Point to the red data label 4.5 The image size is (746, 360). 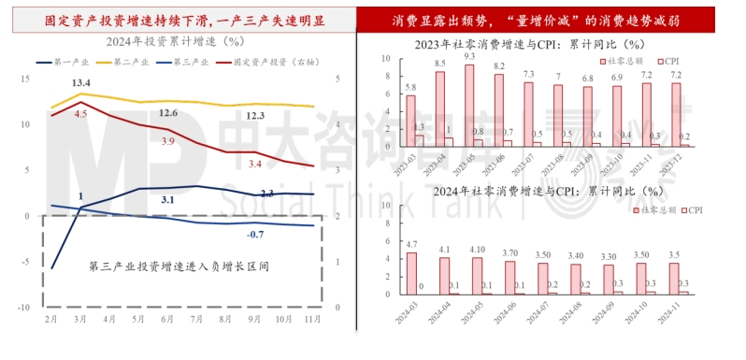80,113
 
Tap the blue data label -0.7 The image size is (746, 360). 255,234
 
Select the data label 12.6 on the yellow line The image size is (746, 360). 168,113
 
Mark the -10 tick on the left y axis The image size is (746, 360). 25,307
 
